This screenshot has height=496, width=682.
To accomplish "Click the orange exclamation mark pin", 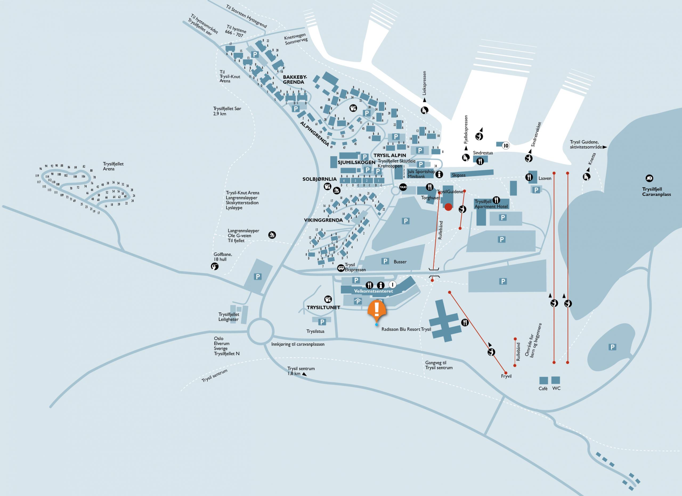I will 376,309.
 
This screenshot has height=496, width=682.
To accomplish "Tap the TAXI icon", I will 403,187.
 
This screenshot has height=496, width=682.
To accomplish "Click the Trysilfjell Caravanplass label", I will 656,192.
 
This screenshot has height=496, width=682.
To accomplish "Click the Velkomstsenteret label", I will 373,291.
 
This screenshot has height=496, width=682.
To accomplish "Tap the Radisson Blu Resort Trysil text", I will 406,329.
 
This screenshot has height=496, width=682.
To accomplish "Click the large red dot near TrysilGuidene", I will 448,207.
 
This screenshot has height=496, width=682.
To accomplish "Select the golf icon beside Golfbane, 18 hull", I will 214,266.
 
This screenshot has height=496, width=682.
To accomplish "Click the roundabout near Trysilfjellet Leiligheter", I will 261,331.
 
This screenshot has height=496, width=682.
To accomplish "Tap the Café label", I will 543,389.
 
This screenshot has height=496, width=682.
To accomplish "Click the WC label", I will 556,388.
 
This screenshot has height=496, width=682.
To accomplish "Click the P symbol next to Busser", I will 385,261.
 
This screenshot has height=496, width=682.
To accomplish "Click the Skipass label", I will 458,175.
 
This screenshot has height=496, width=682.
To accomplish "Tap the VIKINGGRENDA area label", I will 323,220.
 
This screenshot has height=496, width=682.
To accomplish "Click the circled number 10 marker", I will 506,146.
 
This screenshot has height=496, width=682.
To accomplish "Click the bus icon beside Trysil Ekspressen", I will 341,268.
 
